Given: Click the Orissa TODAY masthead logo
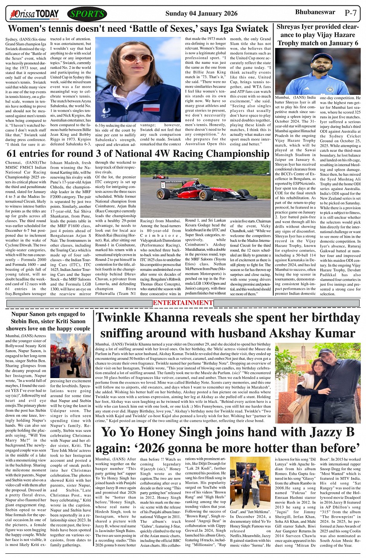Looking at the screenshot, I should (x=35, y=14).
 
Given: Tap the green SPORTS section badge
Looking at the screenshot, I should (x=87, y=14).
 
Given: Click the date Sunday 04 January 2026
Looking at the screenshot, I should (x=201, y=14).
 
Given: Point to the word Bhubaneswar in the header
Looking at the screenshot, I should (x=315, y=12).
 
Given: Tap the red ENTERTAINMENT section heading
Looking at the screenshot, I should (x=183, y=303).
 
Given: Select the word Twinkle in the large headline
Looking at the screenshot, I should (x=122, y=318).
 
